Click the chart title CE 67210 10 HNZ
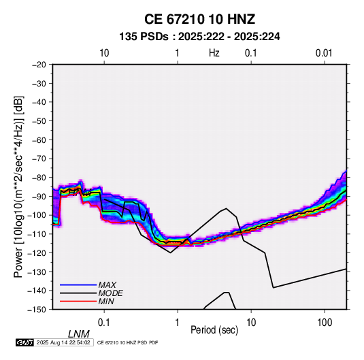(x=199, y=19)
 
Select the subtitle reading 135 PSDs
(x=144, y=37)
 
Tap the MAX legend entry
(x=107, y=284)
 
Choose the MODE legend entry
(x=110, y=293)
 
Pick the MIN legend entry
(x=106, y=301)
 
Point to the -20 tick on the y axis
(x=39, y=65)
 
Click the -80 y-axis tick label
(x=39, y=178)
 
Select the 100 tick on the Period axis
(x=325, y=323)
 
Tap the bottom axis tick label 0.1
(x=104, y=323)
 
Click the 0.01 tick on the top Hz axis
(x=324, y=53)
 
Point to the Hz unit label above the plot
(x=214, y=53)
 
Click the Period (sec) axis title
(x=214, y=330)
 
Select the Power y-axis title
(x=18, y=186)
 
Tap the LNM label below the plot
(x=79, y=334)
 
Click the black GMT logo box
(x=25, y=342)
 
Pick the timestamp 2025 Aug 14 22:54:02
(x=63, y=342)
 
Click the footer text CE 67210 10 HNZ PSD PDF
(x=127, y=342)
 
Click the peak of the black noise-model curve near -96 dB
(x=226, y=208)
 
